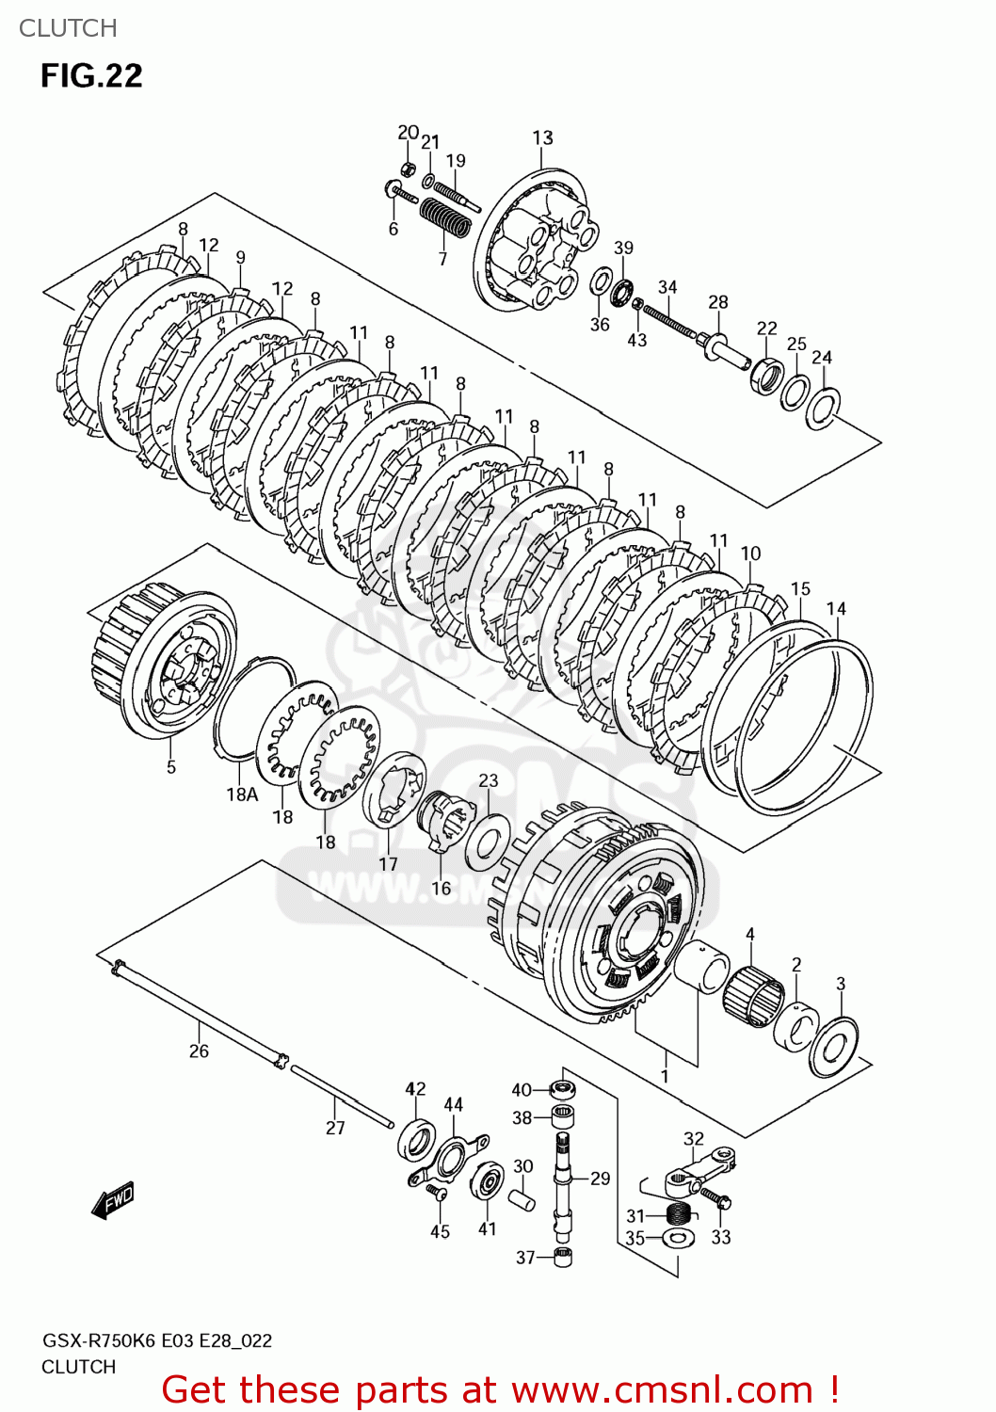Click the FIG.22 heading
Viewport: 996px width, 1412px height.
click(x=91, y=75)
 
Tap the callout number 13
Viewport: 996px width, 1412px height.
click(x=542, y=137)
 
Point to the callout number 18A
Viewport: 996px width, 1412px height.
click(x=242, y=794)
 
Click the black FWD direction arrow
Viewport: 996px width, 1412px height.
click(x=114, y=1201)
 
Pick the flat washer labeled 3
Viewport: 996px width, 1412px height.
click(x=833, y=1047)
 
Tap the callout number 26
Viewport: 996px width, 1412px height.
click(x=199, y=1051)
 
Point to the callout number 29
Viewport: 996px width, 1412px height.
click(x=600, y=1179)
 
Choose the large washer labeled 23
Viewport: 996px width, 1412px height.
click(x=488, y=840)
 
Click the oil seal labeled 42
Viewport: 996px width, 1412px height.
click(x=415, y=1139)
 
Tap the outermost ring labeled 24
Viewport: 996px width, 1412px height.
click(x=823, y=408)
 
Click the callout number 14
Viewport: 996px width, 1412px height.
click(x=836, y=609)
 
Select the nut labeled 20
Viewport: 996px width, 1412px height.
click(x=409, y=168)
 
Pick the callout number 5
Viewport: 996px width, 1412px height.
click(x=171, y=767)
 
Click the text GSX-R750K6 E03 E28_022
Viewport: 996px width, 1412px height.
click(x=156, y=1340)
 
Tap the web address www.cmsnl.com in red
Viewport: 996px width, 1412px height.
click(x=662, y=1389)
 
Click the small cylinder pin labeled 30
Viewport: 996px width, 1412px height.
click(x=522, y=1201)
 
